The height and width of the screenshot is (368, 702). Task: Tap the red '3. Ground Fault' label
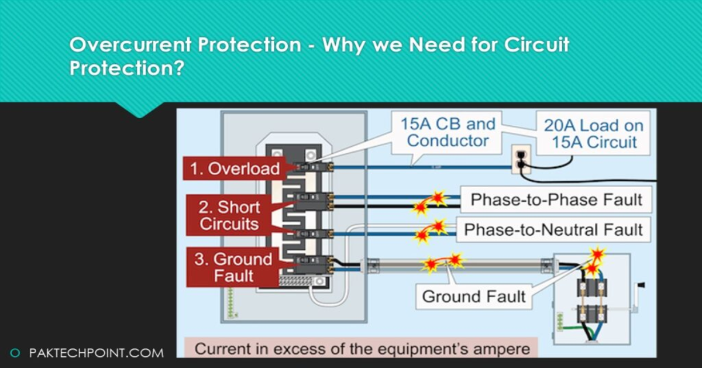(233, 267)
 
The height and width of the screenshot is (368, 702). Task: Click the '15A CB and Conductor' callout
(448, 132)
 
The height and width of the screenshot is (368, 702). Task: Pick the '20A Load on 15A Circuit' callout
(593, 133)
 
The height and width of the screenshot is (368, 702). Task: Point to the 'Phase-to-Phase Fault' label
(556, 200)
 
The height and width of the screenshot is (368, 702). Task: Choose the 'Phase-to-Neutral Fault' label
(553, 229)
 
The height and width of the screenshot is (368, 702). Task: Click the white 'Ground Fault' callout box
(474, 296)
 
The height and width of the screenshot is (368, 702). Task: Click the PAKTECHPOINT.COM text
(96, 353)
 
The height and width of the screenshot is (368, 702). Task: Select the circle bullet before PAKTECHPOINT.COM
(16, 353)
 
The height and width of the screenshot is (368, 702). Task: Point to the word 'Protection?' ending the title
(127, 68)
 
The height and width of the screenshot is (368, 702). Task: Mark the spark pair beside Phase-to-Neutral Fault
(430, 231)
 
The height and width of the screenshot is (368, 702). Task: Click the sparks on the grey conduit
(443, 262)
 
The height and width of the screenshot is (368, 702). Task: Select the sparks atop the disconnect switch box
(596, 260)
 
